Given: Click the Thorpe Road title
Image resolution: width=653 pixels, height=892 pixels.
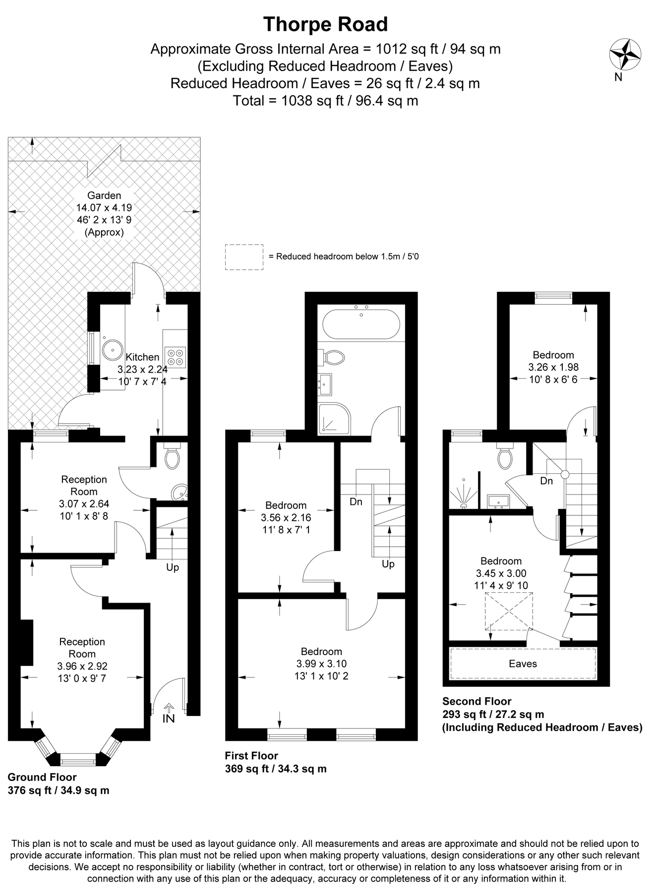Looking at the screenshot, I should click(325, 24).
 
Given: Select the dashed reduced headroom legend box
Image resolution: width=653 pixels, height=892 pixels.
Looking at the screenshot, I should click(244, 257).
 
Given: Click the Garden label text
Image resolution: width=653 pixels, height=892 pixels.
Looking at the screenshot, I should click(104, 196).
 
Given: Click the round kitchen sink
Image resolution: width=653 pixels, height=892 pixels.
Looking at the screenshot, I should click(112, 349).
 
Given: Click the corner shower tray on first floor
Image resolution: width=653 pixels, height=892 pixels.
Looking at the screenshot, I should click(334, 419).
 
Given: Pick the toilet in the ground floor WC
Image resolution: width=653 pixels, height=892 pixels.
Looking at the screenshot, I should click(172, 458).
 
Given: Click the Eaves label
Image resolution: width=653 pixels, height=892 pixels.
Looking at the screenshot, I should click(523, 664).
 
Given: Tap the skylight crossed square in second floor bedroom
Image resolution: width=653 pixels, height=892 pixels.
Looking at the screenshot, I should click(508, 612).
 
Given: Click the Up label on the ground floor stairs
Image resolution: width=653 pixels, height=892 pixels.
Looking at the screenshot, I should click(173, 567).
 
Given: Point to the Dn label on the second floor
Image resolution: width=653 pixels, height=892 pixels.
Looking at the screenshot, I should click(546, 481).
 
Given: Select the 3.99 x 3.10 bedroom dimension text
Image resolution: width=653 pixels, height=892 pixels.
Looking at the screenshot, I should click(322, 664).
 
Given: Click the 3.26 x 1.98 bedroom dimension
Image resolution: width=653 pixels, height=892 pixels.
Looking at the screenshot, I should click(553, 368).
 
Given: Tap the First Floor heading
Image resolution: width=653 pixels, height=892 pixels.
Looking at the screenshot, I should click(251, 756).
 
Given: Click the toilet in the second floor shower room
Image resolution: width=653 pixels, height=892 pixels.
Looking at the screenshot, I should click(505, 457).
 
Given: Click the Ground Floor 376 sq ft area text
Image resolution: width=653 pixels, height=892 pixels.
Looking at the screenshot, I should click(59, 790).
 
